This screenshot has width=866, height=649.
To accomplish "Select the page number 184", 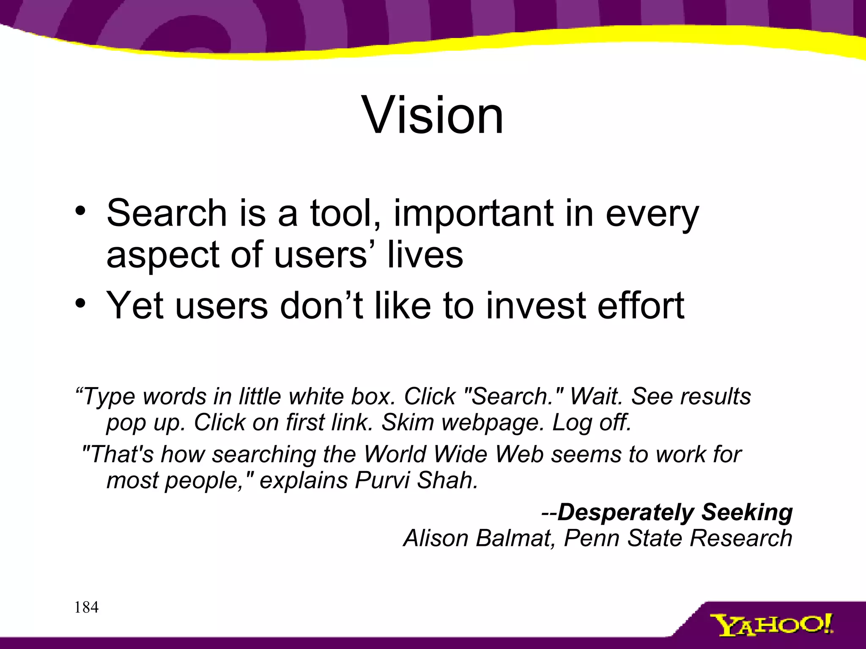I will [x=86, y=607].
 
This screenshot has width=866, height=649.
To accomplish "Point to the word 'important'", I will [x=473, y=214].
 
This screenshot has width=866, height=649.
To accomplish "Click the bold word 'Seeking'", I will [x=747, y=513].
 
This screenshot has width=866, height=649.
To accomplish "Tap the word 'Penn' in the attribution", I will [x=591, y=538].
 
